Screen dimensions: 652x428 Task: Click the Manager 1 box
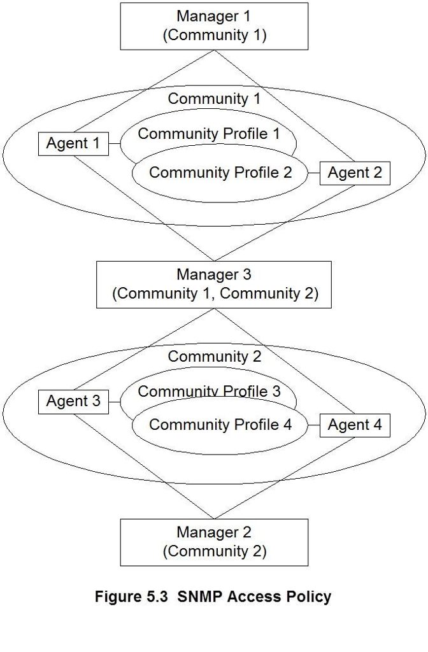(x=214, y=25)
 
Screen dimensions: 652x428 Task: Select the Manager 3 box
(x=214, y=284)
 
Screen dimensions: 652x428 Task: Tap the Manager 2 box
(x=214, y=542)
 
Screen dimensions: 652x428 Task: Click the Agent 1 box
(x=73, y=144)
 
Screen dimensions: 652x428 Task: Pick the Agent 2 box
(x=355, y=173)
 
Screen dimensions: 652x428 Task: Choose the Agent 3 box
(x=73, y=402)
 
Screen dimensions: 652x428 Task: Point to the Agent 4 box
(x=355, y=425)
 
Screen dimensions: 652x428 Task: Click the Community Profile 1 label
(x=209, y=134)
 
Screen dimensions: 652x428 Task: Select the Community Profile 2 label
(x=220, y=173)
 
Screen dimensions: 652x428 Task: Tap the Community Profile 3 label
(x=209, y=391)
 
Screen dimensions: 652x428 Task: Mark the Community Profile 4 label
(x=220, y=425)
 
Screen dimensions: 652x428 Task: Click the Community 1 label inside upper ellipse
(x=214, y=99)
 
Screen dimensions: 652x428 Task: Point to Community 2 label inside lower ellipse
(x=214, y=357)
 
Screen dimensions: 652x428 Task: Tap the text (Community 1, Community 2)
(x=214, y=294)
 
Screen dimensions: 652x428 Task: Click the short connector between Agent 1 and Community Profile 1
(x=115, y=144)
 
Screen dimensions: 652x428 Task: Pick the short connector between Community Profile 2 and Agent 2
(x=313, y=173)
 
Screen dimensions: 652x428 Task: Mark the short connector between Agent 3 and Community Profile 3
(x=115, y=402)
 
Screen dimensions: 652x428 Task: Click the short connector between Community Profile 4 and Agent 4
(x=313, y=425)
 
